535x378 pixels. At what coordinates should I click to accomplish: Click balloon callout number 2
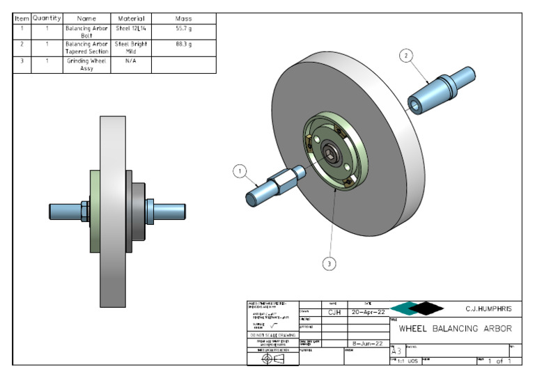coord(407,54)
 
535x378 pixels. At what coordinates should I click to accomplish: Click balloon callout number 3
coord(330,263)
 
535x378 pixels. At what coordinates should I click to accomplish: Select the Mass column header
coord(184,18)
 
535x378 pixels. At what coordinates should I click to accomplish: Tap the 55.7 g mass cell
coord(184,31)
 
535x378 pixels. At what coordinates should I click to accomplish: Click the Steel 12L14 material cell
coord(131,31)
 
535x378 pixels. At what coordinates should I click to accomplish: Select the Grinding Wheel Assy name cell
coord(86,65)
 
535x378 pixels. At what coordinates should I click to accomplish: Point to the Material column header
coord(131,18)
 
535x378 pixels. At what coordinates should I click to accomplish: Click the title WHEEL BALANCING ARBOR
coord(455,329)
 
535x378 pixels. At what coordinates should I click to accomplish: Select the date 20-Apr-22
coord(367,313)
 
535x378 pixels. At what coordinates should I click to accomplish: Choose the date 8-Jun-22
coord(367,343)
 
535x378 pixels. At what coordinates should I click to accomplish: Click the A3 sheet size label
coord(396,352)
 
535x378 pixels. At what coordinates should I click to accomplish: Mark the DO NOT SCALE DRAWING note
coord(272,335)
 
